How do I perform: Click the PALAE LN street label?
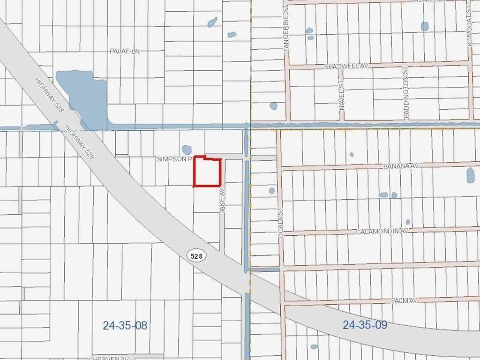pyautogui.click(x=125, y=51)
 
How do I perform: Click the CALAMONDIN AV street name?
pyautogui.click(x=383, y=232)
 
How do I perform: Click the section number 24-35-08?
pyautogui.click(x=125, y=325)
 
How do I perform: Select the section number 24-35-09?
pyautogui.click(x=365, y=325)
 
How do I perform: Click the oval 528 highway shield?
pyautogui.click(x=197, y=255)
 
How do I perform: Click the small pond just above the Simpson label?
pyautogui.click(x=187, y=150)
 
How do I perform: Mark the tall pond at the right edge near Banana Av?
pyautogui.click(x=470, y=175)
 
